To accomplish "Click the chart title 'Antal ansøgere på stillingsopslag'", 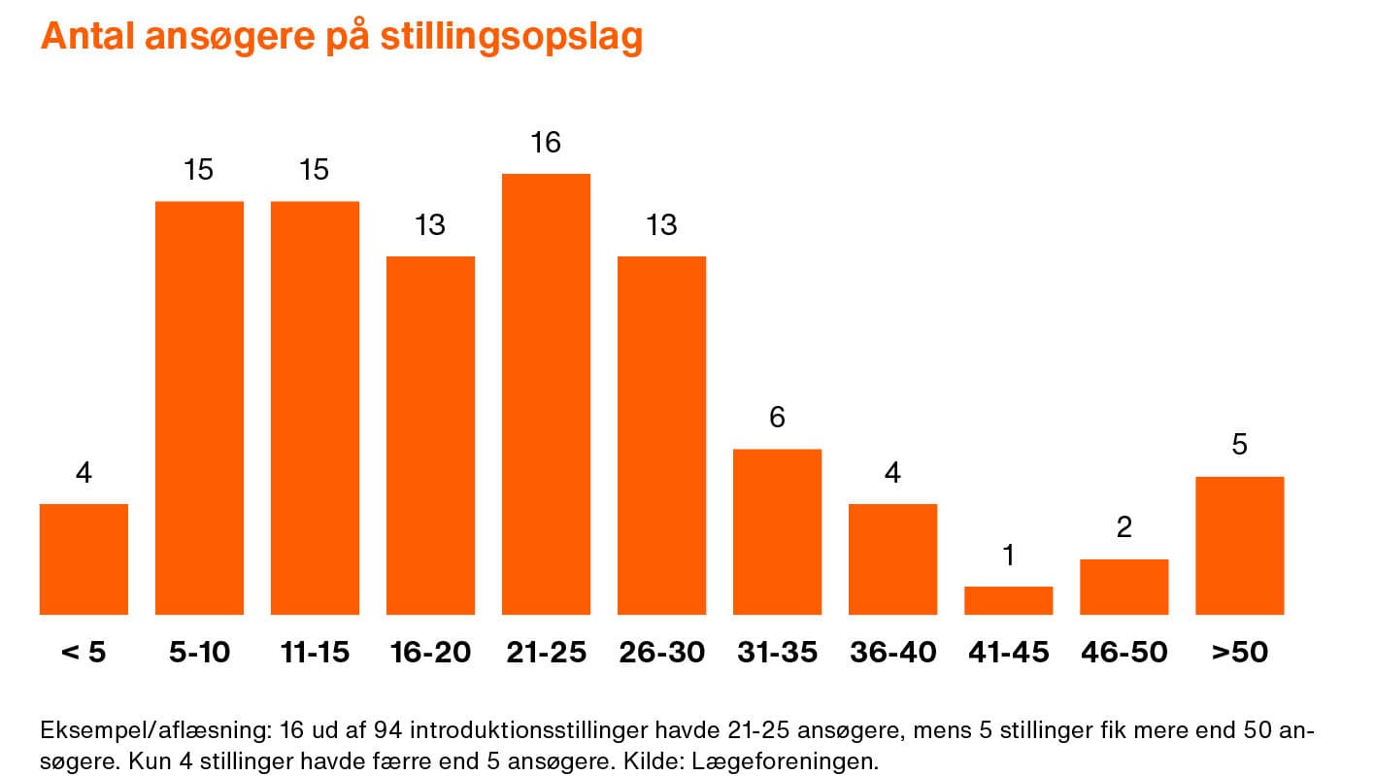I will [x=341, y=37].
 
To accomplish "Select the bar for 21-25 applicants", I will [x=546, y=393].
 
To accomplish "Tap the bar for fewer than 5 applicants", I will [x=84, y=558].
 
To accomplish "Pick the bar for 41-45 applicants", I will [x=1008, y=600].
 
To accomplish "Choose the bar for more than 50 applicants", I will [x=1239, y=545].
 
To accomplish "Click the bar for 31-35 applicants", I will [x=777, y=531].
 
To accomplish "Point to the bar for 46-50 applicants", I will [x=1123, y=587].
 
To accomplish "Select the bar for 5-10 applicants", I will [x=199, y=408].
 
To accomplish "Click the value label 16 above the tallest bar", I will [x=546, y=143].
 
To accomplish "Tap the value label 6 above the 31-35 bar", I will [x=777, y=418].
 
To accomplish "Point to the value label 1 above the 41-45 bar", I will [x=1008, y=556].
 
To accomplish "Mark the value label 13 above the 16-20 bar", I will [x=430, y=225].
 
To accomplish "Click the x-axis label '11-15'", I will [x=315, y=652].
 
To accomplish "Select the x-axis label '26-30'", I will [x=661, y=652].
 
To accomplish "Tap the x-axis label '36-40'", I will [x=892, y=652].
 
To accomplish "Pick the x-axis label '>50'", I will [x=1239, y=652].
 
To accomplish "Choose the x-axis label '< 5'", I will [x=84, y=652].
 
